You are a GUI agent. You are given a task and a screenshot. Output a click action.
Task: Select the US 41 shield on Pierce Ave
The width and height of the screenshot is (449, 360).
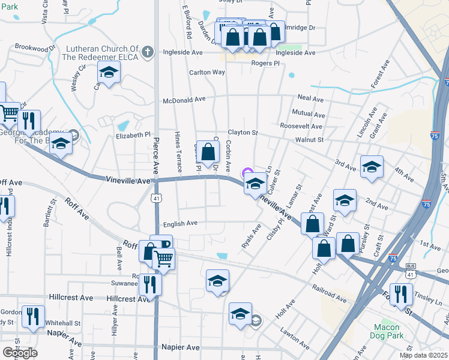pyautogui.click(x=155, y=197)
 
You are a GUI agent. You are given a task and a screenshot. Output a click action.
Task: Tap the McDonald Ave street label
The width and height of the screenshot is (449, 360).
pyautogui.click(x=184, y=100)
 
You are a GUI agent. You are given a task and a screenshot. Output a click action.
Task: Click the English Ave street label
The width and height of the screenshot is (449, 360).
pyautogui.click(x=180, y=223)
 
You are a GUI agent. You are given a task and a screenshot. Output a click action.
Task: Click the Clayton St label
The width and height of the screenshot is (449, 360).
pyautogui.click(x=242, y=133)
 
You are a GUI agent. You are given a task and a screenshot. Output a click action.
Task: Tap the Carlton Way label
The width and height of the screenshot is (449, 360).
pyautogui.click(x=207, y=73)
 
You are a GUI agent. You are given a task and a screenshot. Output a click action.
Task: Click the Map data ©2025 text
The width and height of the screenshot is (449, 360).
pyautogui.click(x=423, y=355)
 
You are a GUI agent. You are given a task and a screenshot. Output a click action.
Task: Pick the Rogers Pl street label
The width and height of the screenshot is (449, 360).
pyautogui.click(x=265, y=63)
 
